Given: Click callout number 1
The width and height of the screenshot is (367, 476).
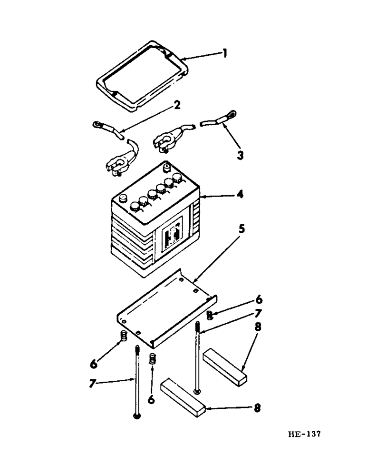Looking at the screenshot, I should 225,54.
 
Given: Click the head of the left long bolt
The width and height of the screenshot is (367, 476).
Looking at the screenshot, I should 136,417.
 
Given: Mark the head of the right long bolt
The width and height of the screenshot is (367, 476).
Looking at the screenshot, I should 196,392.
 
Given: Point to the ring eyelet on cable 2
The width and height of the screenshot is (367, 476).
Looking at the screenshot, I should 97,125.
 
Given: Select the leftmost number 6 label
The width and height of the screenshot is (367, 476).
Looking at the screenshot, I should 94,364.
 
